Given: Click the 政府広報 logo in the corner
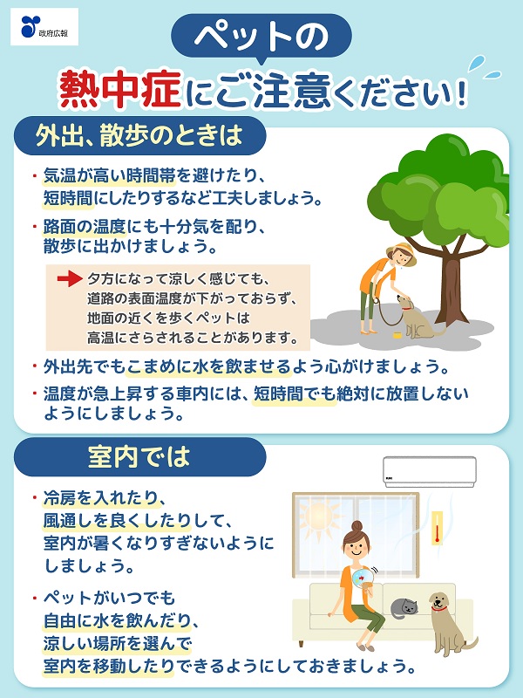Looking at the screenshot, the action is tap(44, 27).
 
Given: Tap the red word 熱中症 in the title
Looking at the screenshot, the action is tap(120, 90).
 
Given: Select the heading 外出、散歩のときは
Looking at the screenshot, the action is tap(139, 135).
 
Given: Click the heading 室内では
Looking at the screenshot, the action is tap(139, 456).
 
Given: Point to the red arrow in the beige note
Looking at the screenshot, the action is tap(70, 279).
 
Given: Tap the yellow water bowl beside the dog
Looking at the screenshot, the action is tap(397, 334).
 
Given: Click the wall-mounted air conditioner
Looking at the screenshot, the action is tap(430, 471).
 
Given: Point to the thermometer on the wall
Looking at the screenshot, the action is tap(438, 528).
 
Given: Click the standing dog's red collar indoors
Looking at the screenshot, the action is tap(439, 608).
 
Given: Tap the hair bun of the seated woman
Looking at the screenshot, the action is tap(357, 526).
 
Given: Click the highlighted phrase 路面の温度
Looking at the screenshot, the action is tap(85, 228).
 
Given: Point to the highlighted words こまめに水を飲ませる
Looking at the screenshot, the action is tap(208, 367).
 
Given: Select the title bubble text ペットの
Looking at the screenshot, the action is tap(261, 36).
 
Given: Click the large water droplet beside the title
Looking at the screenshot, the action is tap(477, 63).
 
